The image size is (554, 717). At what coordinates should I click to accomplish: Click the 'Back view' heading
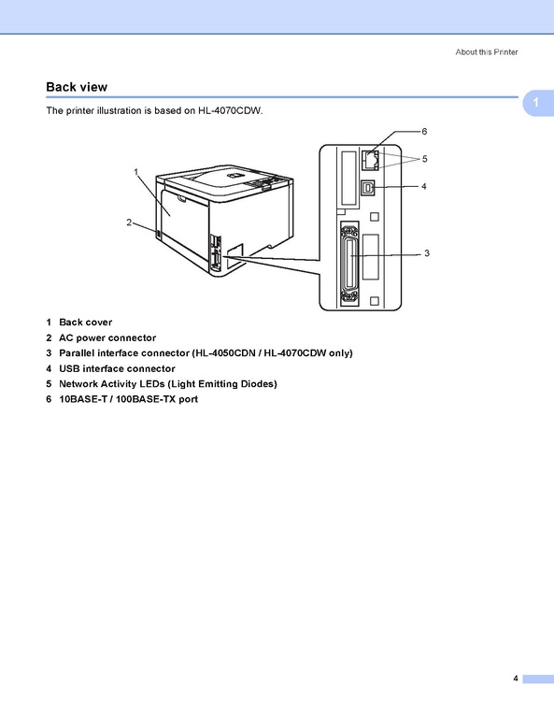click(77, 87)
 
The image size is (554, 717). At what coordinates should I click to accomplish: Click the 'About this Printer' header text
click(487, 52)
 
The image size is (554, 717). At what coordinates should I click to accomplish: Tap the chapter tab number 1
click(535, 102)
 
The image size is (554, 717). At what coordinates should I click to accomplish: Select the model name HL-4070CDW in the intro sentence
click(230, 110)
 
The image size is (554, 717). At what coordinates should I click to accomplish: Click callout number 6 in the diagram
click(424, 131)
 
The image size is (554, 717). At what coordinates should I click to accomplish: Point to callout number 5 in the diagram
click(425, 159)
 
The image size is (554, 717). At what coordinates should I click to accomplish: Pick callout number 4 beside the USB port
click(424, 186)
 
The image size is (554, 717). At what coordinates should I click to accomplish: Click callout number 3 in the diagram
click(426, 253)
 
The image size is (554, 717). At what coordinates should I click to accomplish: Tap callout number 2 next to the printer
click(129, 222)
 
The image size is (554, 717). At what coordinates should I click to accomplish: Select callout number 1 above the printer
click(136, 172)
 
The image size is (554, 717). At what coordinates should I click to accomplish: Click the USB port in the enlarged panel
click(368, 188)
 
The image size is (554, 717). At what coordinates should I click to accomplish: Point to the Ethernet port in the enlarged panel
click(370, 161)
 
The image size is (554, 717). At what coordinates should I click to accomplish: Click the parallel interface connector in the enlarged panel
click(349, 265)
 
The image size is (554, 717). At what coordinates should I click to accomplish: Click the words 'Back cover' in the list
click(85, 323)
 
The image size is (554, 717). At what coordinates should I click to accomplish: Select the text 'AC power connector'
click(107, 337)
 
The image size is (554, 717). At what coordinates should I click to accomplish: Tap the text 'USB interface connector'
click(117, 368)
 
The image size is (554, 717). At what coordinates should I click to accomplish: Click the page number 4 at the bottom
click(516, 678)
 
